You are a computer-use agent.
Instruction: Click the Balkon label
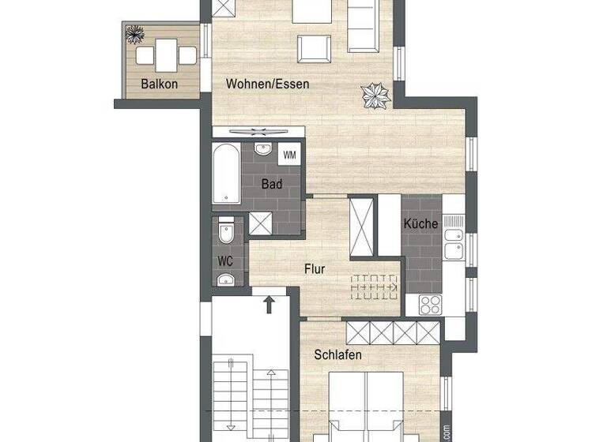coord(158,84)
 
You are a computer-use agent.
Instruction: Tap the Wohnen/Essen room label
coord(267,84)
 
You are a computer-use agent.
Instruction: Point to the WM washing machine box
coord(290,154)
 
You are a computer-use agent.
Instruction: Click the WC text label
coord(224,260)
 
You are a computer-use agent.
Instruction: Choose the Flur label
coord(315,268)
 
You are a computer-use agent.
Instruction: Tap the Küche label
coord(420,223)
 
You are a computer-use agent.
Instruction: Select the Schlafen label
coord(337,355)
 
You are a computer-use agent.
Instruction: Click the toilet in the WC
coord(226,234)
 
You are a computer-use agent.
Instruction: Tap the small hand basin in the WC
coord(226,278)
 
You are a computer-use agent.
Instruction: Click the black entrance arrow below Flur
coord(270,303)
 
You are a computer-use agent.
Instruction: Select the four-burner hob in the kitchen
coord(432,305)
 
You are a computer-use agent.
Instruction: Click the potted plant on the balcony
coord(136,34)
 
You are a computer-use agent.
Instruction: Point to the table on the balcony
coord(165,55)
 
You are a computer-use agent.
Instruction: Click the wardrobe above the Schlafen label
coord(393,331)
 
